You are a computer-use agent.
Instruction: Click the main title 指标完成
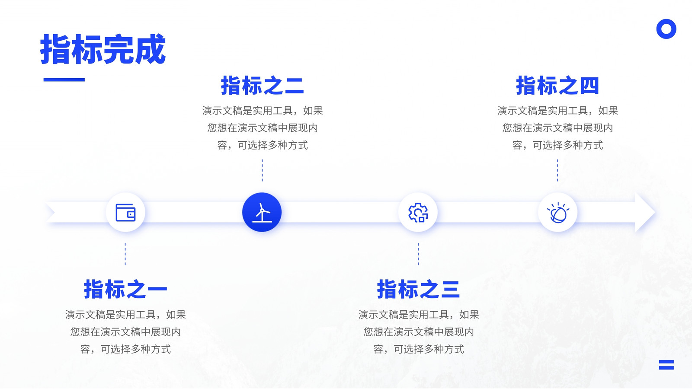tap(103, 49)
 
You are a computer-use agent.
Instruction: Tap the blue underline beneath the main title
tap(64, 80)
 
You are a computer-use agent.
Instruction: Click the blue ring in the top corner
tap(666, 29)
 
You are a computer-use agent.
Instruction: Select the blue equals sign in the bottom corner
tap(666, 365)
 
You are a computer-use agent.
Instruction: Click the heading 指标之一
tap(125, 289)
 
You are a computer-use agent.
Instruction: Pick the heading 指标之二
tap(262, 86)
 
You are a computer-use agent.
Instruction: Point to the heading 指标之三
tap(418, 289)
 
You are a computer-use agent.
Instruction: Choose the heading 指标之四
tap(557, 86)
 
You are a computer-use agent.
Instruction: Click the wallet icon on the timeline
tap(125, 212)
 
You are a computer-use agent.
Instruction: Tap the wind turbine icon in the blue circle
tap(262, 212)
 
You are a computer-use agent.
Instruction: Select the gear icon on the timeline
tap(418, 212)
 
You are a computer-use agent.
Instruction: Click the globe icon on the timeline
tap(558, 212)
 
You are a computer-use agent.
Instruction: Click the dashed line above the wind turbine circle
tap(262, 170)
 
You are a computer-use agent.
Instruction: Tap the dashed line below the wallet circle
tap(125, 254)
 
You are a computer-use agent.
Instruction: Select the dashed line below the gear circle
tap(418, 254)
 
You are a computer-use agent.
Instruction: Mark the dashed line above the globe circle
tap(557, 170)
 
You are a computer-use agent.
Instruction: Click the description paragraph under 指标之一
tap(125, 332)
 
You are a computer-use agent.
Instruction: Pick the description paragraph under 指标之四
tap(557, 128)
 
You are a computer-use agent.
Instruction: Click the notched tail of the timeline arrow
tap(52, 212)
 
